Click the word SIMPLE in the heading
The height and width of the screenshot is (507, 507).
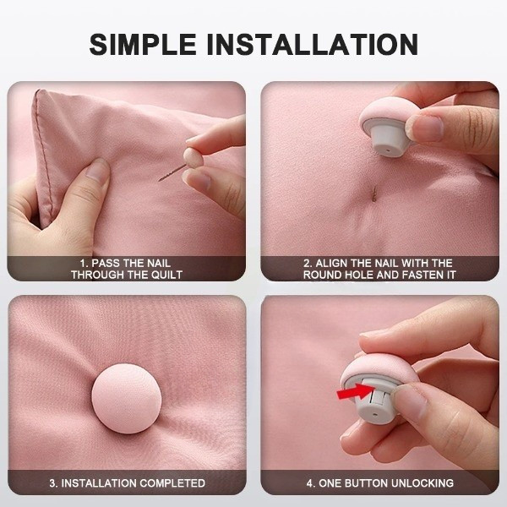pyautogui.click(x=143, y=44)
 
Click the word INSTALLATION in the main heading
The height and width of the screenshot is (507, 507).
pyautogui.click(x=313, y=44)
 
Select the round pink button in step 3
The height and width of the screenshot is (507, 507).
pyautogui.click(x=126, y=398)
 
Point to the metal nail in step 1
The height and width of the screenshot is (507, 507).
pyautogui.click(x=172, y=172)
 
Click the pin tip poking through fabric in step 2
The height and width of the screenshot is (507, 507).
pyautogui.click(x=374, y=194)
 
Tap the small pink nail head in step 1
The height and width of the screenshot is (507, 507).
pyautogui.click(x=193, y=157)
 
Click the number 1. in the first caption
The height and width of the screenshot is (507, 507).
pyautogui.click(x=84, y=263)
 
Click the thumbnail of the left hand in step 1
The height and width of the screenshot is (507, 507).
pyautogui.click(x=98, y=170)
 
